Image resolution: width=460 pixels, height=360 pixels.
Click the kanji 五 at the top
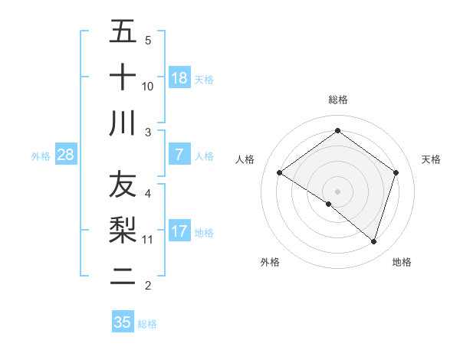click(123, 33)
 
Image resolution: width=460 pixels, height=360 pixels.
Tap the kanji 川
click(123, 123)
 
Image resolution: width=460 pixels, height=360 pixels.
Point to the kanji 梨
click(123, 231)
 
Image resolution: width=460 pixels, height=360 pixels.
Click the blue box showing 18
click(179, 78)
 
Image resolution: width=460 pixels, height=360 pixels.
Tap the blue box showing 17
click(179, 231)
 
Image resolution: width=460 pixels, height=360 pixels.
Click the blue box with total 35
click(122, 322)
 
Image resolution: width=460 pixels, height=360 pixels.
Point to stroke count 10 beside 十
click(148, 86)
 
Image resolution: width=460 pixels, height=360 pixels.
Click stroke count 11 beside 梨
click(148, 239)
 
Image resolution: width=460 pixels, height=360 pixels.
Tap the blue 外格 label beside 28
click(41, 156)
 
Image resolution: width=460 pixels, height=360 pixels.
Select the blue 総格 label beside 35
click(147, 323)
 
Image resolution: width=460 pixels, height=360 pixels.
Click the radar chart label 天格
click(431, 159)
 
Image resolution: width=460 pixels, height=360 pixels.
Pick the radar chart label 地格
click(402, 262)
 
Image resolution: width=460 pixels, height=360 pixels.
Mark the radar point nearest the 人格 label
click(279, 173)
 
